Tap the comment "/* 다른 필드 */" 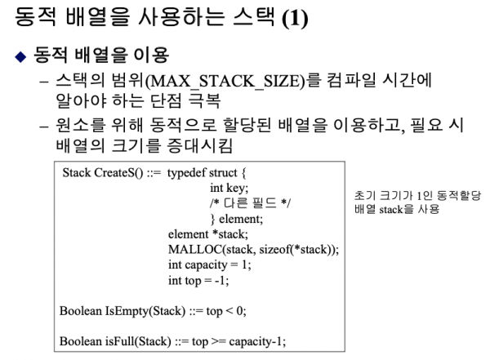click(251, 203)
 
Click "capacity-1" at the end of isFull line click(261, 341)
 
